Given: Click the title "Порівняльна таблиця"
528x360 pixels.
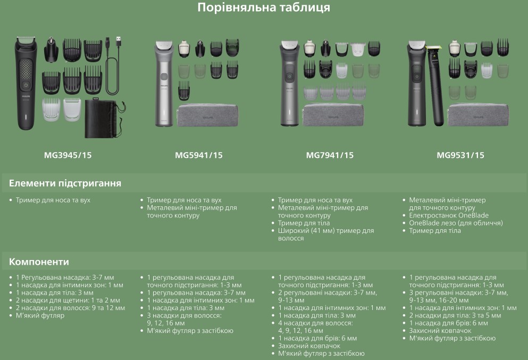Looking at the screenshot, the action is [x=264, y=7].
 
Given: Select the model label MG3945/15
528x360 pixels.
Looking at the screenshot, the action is [x=68, y=155].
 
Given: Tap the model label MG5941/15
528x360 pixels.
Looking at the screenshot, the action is [x=199, y=155].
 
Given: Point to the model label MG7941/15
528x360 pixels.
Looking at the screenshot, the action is [x=330, y=155].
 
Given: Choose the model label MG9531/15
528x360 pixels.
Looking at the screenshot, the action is [x=460, y=155].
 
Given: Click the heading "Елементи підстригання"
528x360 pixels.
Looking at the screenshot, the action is [x=65, y=183].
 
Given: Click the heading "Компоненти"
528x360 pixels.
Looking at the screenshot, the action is [x=39, y=262].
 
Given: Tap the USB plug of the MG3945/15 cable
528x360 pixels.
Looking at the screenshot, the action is [x=118, y=42].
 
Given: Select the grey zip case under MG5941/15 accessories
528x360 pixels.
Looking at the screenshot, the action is [x=207, y=115].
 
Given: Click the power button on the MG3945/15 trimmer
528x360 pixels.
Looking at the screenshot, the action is [x=26, y=85].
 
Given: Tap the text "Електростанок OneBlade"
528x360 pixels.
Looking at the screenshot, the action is [x=449, y=215].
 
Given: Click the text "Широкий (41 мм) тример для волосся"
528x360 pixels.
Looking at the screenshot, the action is [x=325, y=235].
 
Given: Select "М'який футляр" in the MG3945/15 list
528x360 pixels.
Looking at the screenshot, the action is [x=40, y=315].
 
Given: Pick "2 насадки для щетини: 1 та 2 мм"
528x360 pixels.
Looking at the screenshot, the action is [x=68, y=300].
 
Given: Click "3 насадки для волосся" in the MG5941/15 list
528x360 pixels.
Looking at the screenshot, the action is [x=184, y=315].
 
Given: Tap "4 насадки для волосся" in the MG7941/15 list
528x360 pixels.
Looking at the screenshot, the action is [x=315, y=323].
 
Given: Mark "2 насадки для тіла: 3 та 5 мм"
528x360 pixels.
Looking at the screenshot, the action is [x=455, y=315].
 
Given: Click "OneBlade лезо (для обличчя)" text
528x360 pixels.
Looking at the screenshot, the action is [x=456, y=223].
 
